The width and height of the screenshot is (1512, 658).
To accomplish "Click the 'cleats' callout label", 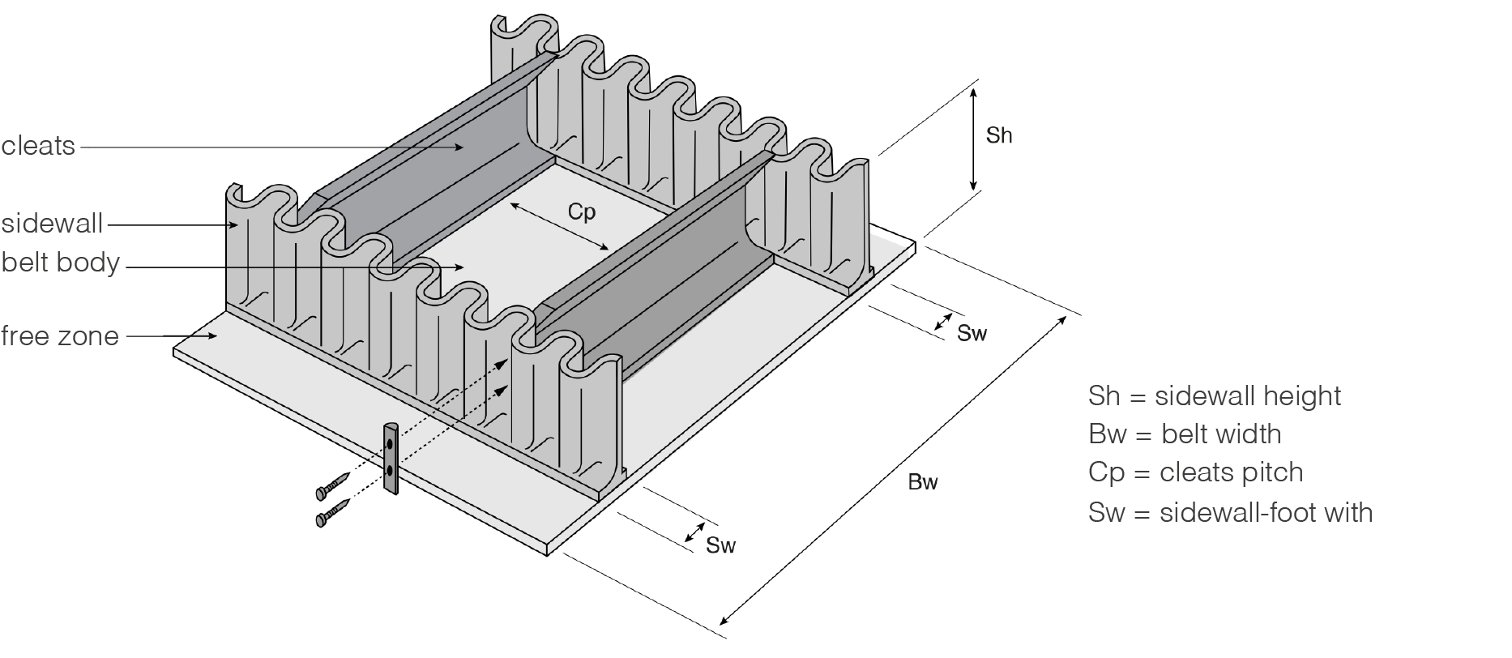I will point(38,147).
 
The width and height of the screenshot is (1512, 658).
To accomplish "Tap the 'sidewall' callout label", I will point(52,224).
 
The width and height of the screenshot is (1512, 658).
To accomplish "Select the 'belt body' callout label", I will point(60,263).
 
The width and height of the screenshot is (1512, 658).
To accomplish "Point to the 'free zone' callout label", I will point(60,335).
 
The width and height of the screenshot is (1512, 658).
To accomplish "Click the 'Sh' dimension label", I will point(998,135).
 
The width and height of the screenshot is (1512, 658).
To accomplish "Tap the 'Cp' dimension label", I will point(581,212).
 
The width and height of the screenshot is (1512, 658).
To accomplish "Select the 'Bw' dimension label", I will point(922,482).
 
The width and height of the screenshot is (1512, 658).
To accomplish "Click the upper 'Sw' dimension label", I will point(972,333).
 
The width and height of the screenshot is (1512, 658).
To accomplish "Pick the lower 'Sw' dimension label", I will point(720,545).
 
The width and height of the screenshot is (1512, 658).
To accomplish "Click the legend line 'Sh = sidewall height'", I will point(1214,396).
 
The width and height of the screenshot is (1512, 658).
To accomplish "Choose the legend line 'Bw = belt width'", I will point(1184,434).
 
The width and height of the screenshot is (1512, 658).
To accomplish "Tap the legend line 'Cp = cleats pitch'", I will point(1195,472).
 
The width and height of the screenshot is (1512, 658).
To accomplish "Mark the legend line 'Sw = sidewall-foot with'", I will point(1230,512).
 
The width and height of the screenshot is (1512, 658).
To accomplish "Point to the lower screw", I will point(333,514).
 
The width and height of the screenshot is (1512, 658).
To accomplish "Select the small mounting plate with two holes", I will point(391,458).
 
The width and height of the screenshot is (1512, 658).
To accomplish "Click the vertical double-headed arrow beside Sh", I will point(974,139).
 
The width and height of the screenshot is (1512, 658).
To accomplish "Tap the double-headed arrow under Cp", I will point(559,227).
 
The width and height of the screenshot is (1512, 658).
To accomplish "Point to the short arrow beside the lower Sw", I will point(695,532).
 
